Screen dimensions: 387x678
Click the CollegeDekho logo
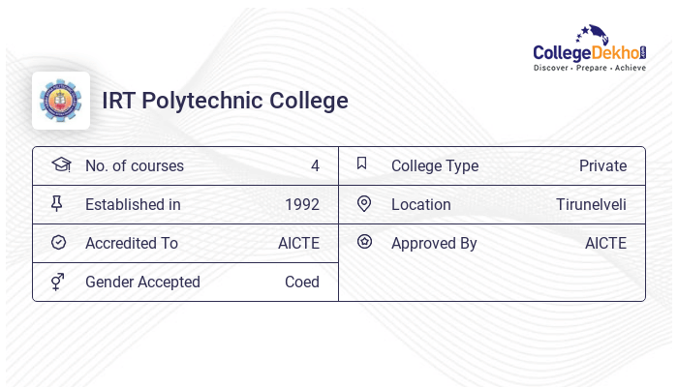coord(589,48)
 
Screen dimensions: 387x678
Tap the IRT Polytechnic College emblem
coord(61,101)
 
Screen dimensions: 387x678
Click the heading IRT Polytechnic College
coord(225,101)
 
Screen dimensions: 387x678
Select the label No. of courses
coord(134,165)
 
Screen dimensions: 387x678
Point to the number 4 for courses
coord(315,165)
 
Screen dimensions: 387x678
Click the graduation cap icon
coord(60,164)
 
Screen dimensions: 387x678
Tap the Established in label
coord(133,204)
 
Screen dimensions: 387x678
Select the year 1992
coord(301,204)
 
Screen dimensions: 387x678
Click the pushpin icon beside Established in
coord(57,203)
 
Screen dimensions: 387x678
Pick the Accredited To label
coord(132,243)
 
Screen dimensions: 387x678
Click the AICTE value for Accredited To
coord(298,243)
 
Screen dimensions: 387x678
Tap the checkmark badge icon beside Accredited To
coord(58,242)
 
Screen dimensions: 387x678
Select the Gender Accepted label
coord(142,282)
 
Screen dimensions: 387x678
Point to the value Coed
coord(301,282)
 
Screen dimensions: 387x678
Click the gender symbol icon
coord(58,281)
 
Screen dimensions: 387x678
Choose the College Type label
coord(434,165)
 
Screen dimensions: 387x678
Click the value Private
coord(602,165)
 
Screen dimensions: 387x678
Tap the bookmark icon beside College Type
coord(362,164)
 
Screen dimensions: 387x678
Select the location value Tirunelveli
coord(591,204)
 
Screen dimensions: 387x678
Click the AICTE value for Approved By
coord(605,243)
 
